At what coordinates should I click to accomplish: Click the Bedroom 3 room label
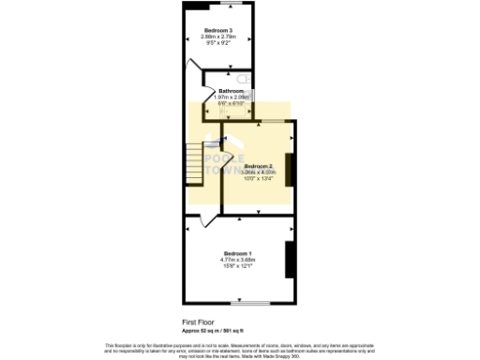pyautogui.click(x=218, y=30)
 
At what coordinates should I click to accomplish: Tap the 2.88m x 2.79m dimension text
pyautogui.click(x=218, y=37)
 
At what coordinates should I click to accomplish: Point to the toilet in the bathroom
pyautogui.click(x=242, y=79)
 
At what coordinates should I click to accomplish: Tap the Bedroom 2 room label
pyautogui.click(x=258, y=166)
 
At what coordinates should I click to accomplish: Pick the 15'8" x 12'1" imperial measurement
pyautogui.click(x=237, y=265)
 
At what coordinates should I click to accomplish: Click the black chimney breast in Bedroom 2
pyautogui.click(x=290, y=170)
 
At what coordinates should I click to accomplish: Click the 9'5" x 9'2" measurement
pyautogui.click(x=218, y=43)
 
